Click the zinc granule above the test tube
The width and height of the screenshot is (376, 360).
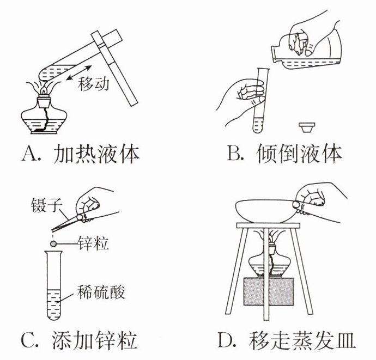tap(53, 243)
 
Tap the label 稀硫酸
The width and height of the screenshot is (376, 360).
tap(101, 293)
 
